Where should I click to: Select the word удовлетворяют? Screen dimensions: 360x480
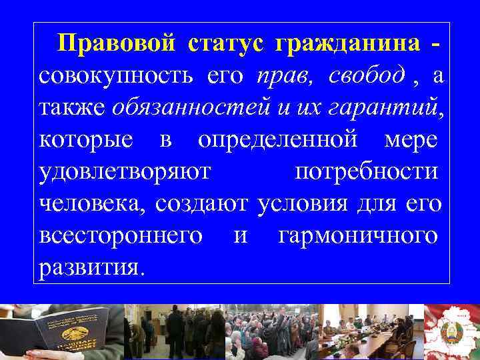tap(125, 171)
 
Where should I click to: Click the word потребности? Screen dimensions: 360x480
tap(366, 171)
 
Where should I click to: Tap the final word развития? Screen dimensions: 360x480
tap(91, 267)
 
